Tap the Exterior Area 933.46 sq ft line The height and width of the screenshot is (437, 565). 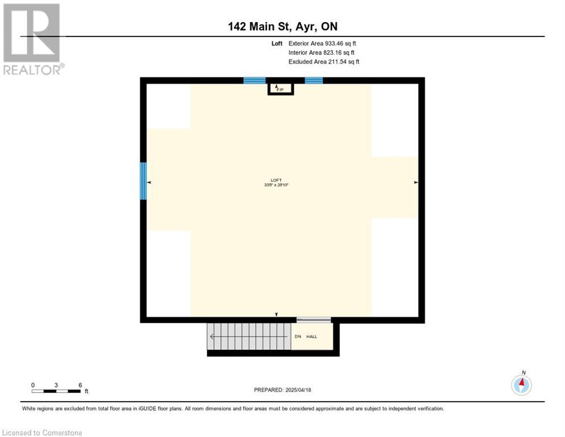click(x=322, y=43)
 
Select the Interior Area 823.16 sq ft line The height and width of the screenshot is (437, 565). click(x=322, y=52)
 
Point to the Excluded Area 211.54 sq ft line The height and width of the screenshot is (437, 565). click(x=324, y=61)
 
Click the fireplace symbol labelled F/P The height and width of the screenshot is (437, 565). click(x=279, y=88)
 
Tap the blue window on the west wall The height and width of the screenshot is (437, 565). click(x=143, y=181)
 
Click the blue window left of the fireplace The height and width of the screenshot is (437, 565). click(x=254, y=81)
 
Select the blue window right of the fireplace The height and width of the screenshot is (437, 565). click(x=314, y=81)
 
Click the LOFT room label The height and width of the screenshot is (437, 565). click(x=276, y=180)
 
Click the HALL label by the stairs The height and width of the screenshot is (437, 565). click(x=312, y=337)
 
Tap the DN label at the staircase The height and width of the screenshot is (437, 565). click(x=297, y=337)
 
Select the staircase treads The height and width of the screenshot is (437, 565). click(x=248, y=336)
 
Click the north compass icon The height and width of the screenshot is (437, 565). click(x=521, y=385)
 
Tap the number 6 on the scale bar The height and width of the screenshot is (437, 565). click(x=80, y=385)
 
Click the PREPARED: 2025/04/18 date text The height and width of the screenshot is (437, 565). click(x=282, y=390)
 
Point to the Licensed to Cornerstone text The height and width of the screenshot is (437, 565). click(x=42, y=433)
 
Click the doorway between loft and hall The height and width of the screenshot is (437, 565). click(x=313, y=320)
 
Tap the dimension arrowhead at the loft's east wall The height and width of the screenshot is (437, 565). click(x=416, y=183)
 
